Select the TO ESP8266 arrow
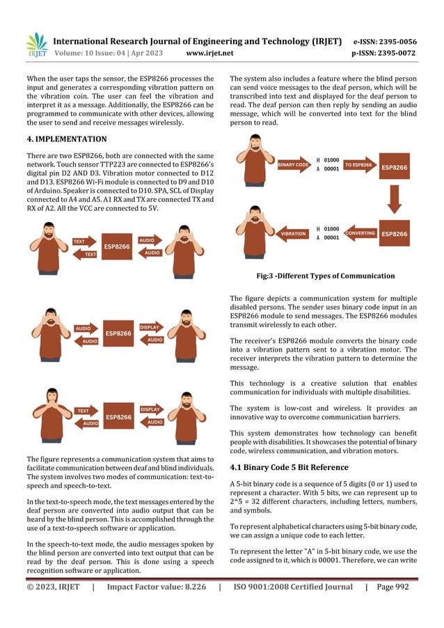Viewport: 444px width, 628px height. tap(358, 165)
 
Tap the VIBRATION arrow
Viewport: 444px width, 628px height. tap(292, 234)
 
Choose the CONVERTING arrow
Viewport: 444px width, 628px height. tap(360, 233)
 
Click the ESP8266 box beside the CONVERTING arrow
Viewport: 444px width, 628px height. tap(395, 233)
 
